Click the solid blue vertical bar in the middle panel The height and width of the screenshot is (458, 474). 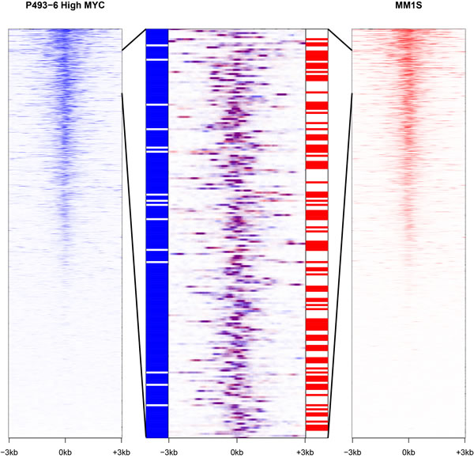pyautogui.click(x=157, y=237)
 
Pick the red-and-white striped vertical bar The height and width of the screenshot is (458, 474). pyautogui.click(x=317, y=237)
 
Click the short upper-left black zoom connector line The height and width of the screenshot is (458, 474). pyautogui.click(x=134, y=40)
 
